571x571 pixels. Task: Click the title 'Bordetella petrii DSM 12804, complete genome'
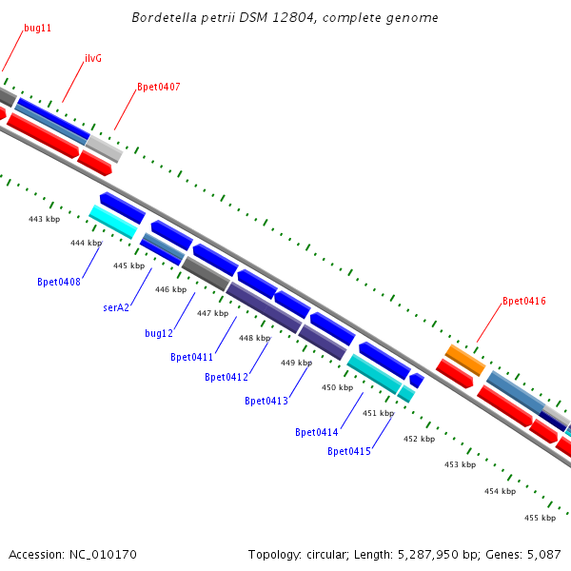coord(285,18)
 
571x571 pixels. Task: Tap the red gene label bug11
coord(38,29)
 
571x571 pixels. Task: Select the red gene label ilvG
coord(93,58)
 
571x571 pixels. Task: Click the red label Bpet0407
coord(159,87)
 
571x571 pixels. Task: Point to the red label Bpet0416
coord(524,301)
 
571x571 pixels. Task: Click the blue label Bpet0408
coord(59,282)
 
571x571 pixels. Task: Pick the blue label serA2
coord(116,307)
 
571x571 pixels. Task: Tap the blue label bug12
coord(159,333)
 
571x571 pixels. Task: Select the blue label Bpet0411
coord(192,357)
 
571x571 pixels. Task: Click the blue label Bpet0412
coord(226,377)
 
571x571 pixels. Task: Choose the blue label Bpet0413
coord(266,401)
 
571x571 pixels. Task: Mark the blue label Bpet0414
coord(317,432)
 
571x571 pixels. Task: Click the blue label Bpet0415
coord(349,451)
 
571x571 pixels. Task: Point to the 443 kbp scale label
coord(44,219)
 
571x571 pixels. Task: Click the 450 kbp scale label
coord(337,387)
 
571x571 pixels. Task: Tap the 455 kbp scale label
coord(540,518)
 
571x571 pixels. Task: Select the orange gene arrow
coord(465,359)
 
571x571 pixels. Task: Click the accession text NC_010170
coord(72,554)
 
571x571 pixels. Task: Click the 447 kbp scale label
coord(212,313)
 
